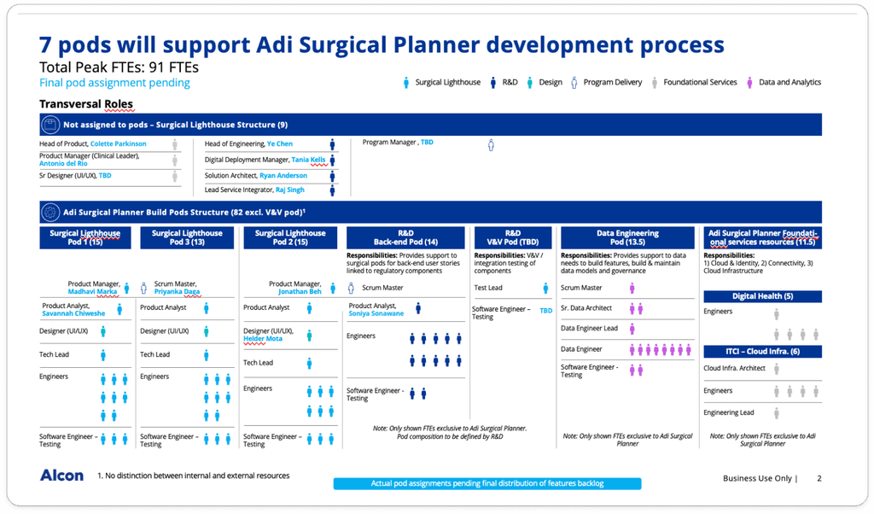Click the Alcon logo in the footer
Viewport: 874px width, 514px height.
point(61,476)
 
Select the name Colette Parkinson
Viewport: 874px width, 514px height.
point(119,144)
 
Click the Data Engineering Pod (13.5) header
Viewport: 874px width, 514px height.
point(627,238)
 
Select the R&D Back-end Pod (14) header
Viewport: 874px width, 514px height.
point(405,238)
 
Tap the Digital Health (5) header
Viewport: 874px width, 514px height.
point(762,296)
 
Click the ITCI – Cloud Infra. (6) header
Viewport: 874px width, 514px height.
point(762,351)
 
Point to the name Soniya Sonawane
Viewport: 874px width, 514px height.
point(376,313)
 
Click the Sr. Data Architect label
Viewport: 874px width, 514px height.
point(586,308)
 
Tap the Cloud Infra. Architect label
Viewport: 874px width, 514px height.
point(734,369)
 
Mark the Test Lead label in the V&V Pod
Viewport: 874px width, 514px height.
point(488,289)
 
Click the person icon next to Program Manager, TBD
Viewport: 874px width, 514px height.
point(491,145)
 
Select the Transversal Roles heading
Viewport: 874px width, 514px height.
point(86,105)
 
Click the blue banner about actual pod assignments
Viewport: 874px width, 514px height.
point(487,483)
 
